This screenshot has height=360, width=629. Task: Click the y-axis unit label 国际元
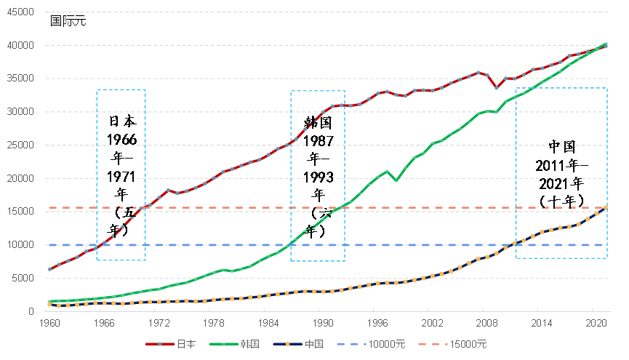pyautogui.click(x=68, y=20)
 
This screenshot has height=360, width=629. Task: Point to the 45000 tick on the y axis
pyautogui.click(x=20, y=12)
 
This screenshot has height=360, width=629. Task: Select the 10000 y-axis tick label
pyautogui.click(x=20, y=245)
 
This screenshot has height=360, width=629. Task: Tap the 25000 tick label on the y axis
pyautogui.click(x=20, y=145)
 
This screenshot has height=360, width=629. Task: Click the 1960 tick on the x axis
pyautogui.click(x=49, y=322)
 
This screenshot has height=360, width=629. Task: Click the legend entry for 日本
pyautogui.click(x=175, y=344)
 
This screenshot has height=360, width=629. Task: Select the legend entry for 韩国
pyautogui.click(x=247, y=344)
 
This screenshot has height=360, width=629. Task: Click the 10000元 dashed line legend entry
pyautogui.click(x=392, y=344)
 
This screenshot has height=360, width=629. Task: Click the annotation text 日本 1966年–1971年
pyautogui.click(x=121, y=175)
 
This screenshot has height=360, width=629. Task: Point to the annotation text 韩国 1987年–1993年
pyautogui.click(x=318, y=175)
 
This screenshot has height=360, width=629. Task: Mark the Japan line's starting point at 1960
pyautogui.click(x=49, y=269)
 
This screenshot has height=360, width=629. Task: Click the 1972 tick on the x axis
pyautogui.click(x=159, y=322)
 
